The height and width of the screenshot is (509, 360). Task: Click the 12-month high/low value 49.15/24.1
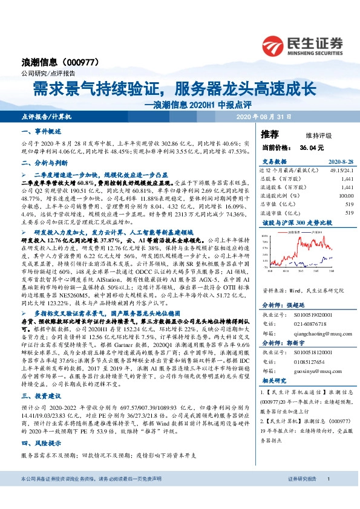339,170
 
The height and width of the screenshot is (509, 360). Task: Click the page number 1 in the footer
327,496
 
